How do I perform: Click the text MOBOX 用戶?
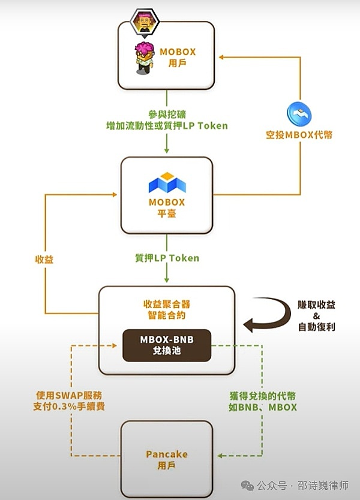click(178, 57)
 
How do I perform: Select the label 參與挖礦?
click(165, 114)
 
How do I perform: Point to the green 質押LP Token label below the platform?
click(167, 258)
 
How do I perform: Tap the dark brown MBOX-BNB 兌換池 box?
click(167, 345)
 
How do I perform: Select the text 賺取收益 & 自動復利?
click(316, 316)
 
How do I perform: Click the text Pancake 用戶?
click(166, 459)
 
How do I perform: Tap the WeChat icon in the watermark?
click(247, 484)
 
